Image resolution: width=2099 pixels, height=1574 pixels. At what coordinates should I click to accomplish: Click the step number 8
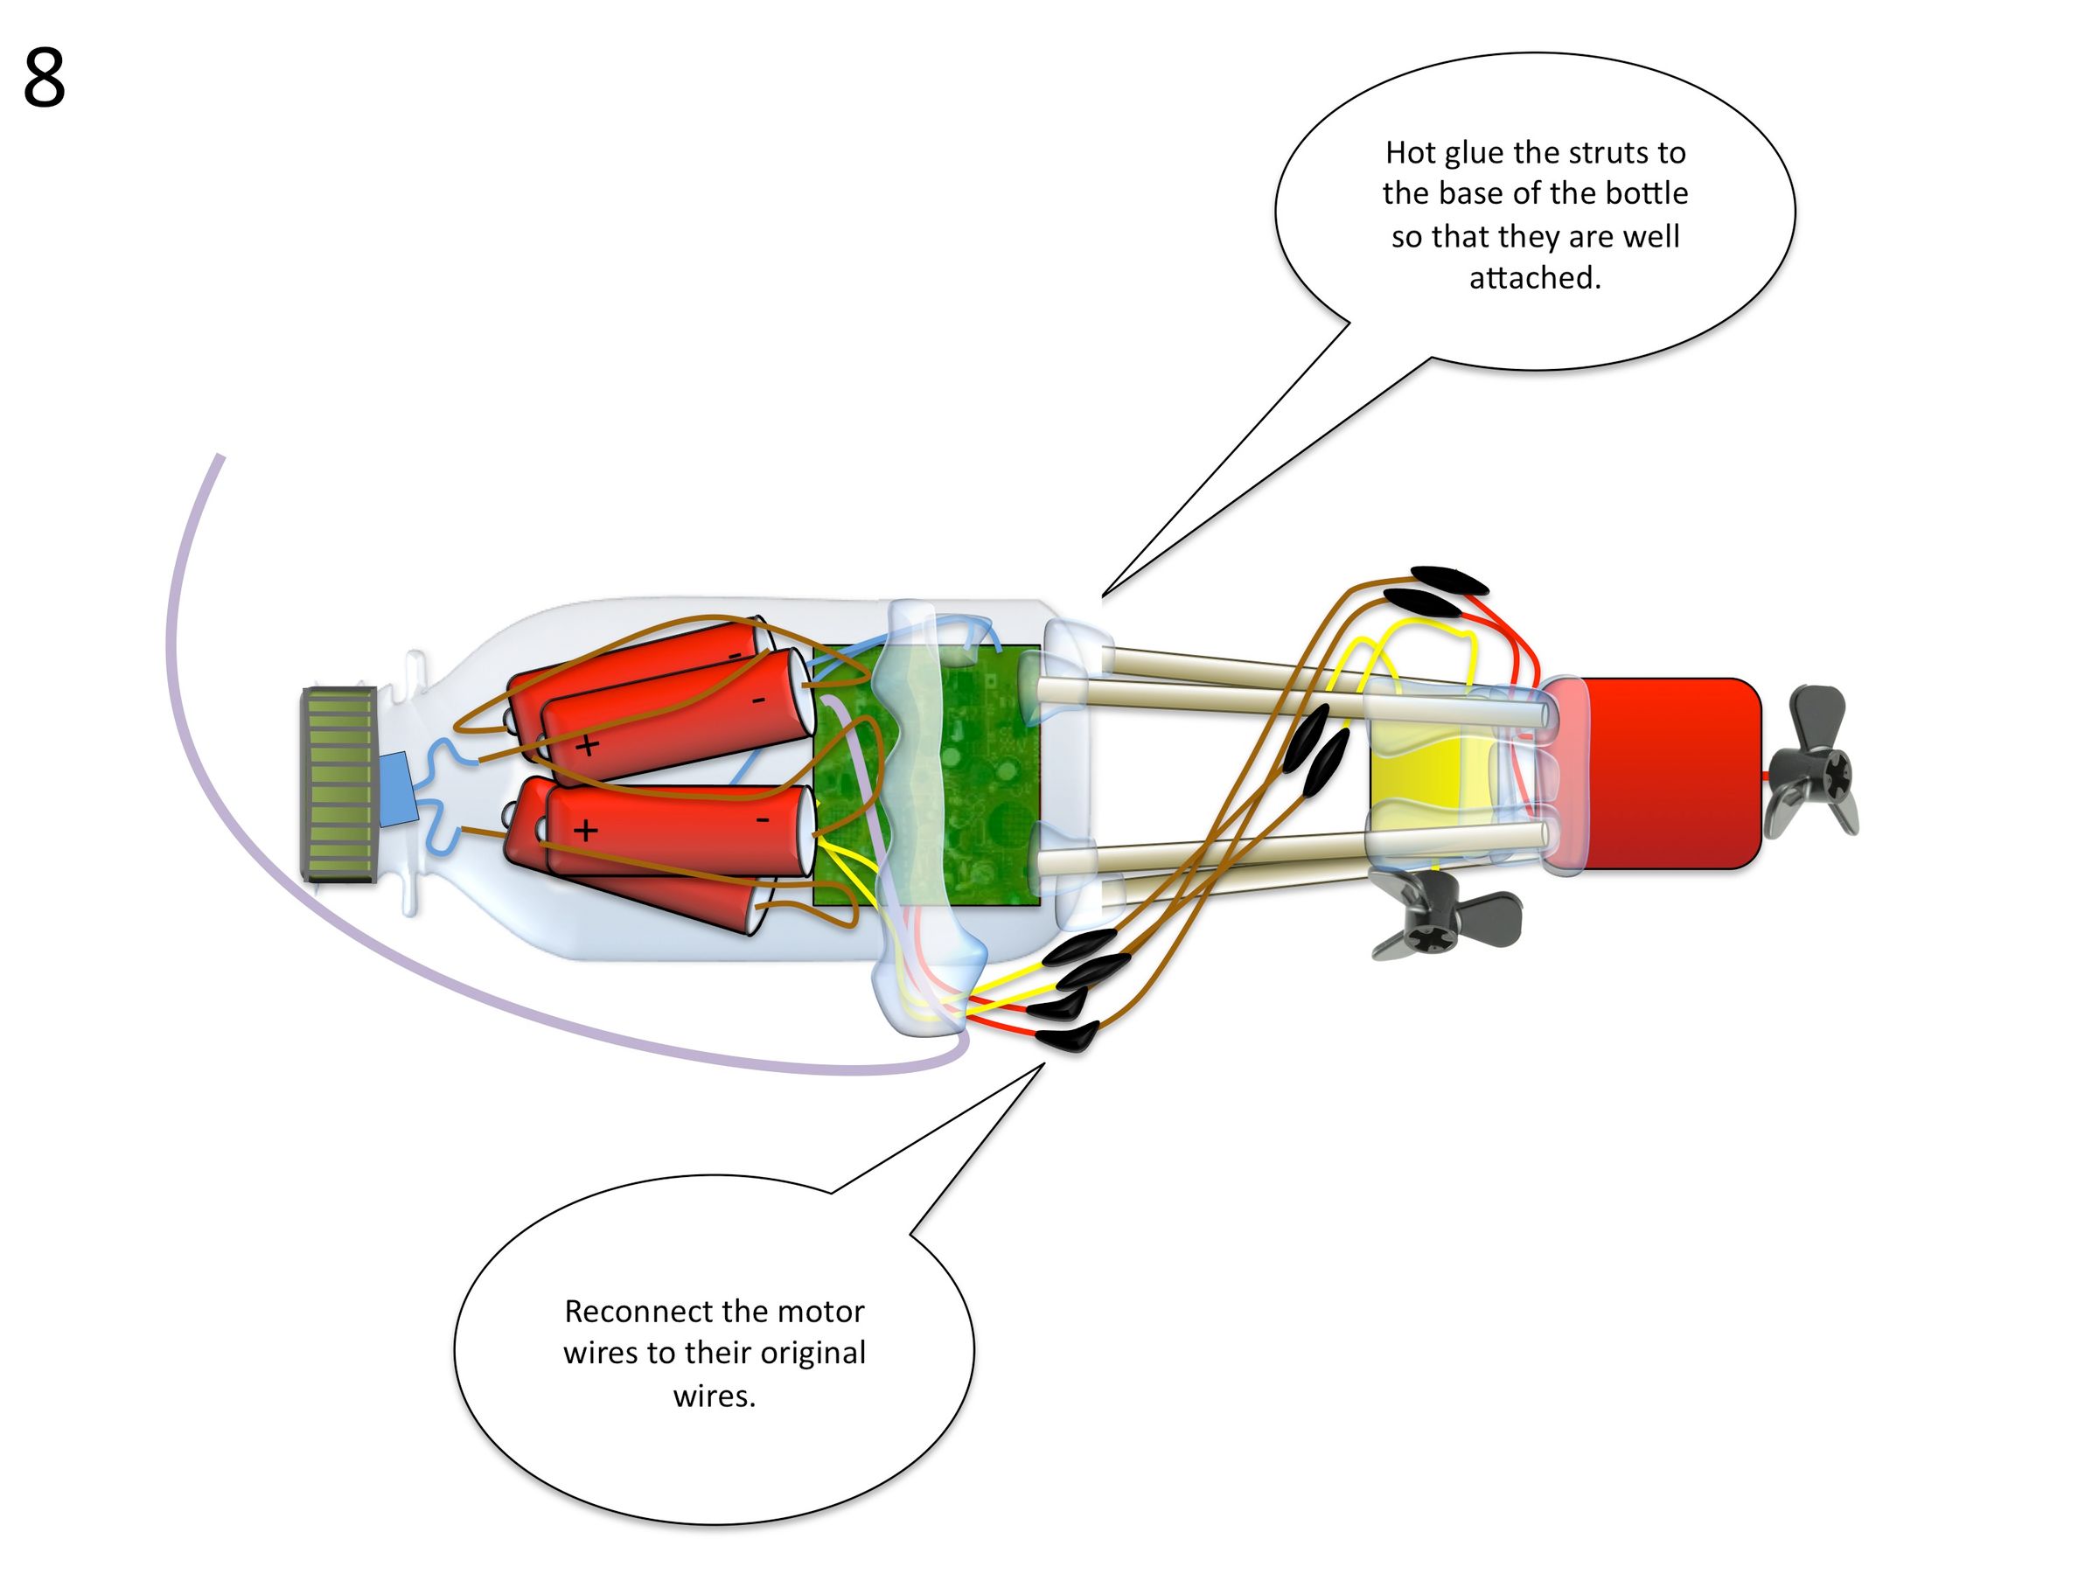44,78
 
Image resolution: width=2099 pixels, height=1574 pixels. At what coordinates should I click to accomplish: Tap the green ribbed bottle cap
338,784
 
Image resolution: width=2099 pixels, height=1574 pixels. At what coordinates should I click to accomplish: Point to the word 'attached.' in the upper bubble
1534,278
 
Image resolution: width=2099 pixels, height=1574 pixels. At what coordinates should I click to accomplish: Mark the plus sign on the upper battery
588,745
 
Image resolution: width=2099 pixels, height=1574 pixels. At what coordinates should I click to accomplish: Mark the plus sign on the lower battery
585,831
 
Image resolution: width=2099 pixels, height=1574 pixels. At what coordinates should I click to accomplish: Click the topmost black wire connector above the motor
1448,578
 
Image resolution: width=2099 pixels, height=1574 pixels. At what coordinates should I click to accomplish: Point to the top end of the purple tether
220,458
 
